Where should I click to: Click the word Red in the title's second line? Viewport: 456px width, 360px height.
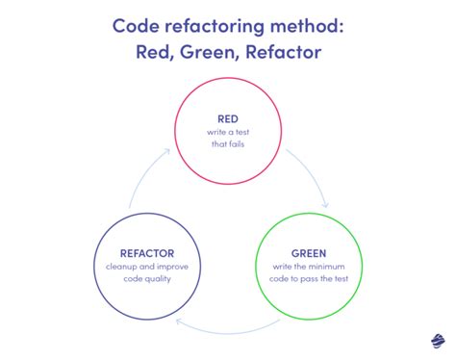(x=158, y=50)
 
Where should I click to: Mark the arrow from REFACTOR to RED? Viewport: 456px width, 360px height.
(x=141, y=178)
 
